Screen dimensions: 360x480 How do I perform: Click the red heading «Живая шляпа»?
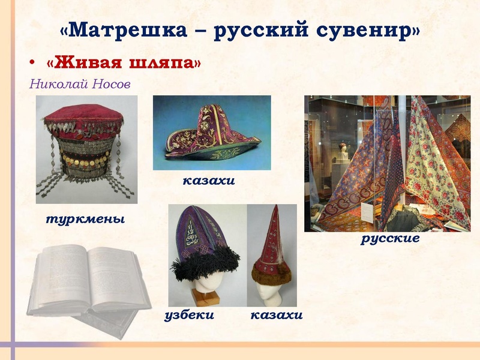tap(122, 63)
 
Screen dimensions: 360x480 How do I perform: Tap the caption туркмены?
tap(85, 220)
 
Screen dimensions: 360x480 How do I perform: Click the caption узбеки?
tap(189, 315)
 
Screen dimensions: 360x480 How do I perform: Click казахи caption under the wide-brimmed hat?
tap(208, 180)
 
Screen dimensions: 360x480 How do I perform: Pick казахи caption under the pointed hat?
tap(276, 315)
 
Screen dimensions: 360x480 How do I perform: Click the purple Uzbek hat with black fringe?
tap(200, 240)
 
